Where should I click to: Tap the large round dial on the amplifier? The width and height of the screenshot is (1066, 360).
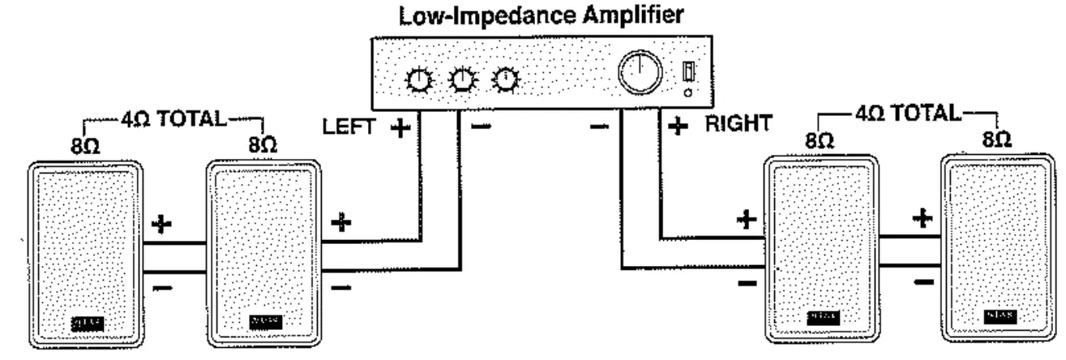[x=640, y=75]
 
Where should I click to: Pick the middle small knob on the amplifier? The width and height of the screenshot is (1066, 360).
[x=463, y=79]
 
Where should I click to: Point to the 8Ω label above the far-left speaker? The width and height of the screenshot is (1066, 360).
[x=84, y=147]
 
